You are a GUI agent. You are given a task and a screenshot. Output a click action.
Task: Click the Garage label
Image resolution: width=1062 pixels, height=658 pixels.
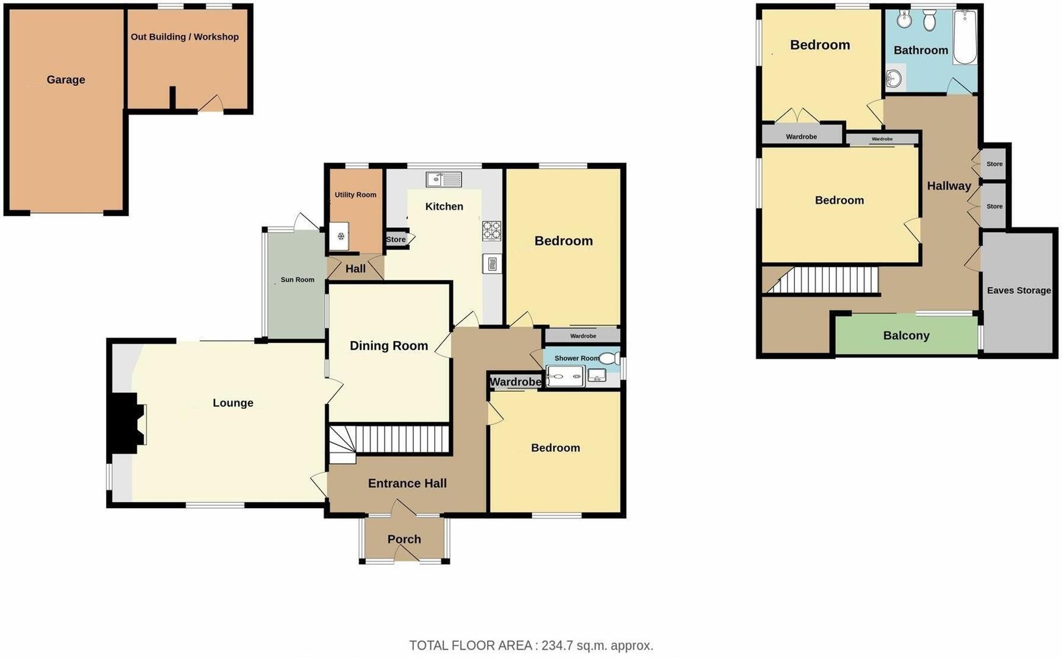[66, 80]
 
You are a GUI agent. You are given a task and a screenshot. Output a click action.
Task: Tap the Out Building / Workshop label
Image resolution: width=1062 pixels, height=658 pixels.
[185, 37]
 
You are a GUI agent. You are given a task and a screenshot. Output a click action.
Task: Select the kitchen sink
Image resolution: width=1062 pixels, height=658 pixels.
[444, 179]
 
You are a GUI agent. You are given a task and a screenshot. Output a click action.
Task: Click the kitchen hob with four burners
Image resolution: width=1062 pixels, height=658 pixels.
[491, 231]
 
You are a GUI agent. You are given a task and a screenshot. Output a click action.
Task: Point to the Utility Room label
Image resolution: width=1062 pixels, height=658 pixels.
[355, 195]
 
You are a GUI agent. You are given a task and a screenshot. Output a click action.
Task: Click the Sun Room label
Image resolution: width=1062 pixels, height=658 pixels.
[298, 280]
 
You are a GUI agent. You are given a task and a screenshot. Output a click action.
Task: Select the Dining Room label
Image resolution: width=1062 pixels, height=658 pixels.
[389, 346]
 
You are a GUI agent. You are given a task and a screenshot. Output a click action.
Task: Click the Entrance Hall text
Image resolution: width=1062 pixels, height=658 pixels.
[407, 484]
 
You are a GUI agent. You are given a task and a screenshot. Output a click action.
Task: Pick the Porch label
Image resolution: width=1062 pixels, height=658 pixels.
[404, 539]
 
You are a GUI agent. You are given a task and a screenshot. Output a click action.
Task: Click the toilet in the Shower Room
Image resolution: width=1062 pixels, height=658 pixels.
[609, 358]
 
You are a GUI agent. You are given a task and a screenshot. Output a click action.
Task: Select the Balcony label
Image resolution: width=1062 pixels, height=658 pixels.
[906, 336]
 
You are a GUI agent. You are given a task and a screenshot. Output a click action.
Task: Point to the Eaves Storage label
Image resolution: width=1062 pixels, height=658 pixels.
[1019, 291]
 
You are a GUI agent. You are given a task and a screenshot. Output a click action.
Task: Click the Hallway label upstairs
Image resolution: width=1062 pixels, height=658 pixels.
[949, 186]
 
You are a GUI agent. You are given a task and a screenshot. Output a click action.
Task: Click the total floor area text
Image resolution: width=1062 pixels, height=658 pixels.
[531, 646]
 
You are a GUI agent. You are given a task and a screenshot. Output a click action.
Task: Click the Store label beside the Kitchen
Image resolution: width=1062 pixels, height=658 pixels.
[396, 239]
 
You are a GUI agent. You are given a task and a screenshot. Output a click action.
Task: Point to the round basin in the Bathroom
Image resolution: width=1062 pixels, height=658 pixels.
[894, 78]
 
